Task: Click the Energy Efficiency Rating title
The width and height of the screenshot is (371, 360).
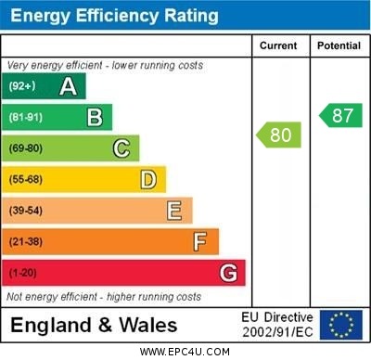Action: click(114, 16)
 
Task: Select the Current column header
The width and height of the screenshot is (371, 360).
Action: click(278, 45)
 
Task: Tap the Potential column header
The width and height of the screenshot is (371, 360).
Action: click(339, 45)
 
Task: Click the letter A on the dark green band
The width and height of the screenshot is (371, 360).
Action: click(68, 86)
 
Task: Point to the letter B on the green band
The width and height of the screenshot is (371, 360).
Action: click(95, 118)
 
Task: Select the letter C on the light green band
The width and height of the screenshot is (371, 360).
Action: click(121, 148)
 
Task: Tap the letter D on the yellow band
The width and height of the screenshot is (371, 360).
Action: click(147, 179)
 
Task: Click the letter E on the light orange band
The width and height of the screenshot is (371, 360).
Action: click(173, 211)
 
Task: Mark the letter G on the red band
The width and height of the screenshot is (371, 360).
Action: click(227, 273)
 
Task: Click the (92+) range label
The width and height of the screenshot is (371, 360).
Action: click(22, 86)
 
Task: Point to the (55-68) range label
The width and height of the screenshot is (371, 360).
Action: click(27, 179)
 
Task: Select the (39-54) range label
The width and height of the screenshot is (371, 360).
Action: click(27, 211)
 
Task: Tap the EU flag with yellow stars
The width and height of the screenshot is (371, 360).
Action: click(341, 325)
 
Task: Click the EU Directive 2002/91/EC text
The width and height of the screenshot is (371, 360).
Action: click(277, 325)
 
